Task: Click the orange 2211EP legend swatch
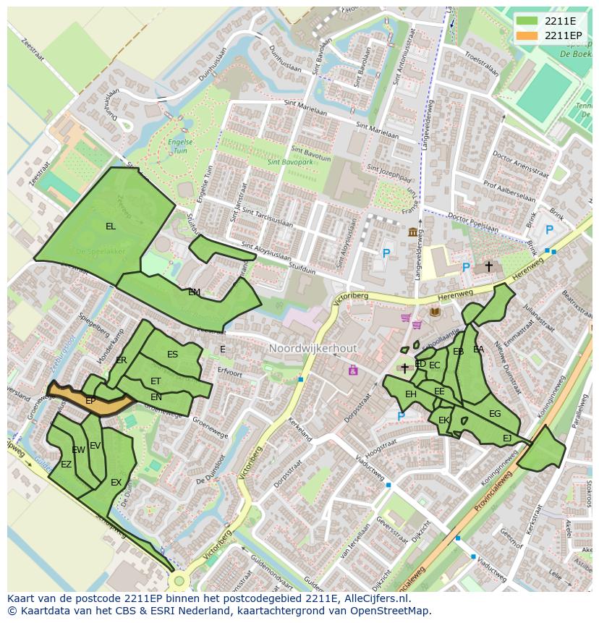(527, 35)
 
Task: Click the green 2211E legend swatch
(527, 21)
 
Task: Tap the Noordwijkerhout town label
(313, 349)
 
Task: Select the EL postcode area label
(110, 226)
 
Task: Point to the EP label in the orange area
(90, 400)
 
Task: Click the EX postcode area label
(116, 482)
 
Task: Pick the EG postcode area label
(495, 414)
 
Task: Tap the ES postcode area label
(172, 355)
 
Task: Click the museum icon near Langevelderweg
(413, 232)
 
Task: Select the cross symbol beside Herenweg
(488, 266)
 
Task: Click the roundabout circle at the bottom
(179, 581)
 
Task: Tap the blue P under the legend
(549, 230)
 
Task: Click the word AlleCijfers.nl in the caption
(376, 598)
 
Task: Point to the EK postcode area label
(443, 420)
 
